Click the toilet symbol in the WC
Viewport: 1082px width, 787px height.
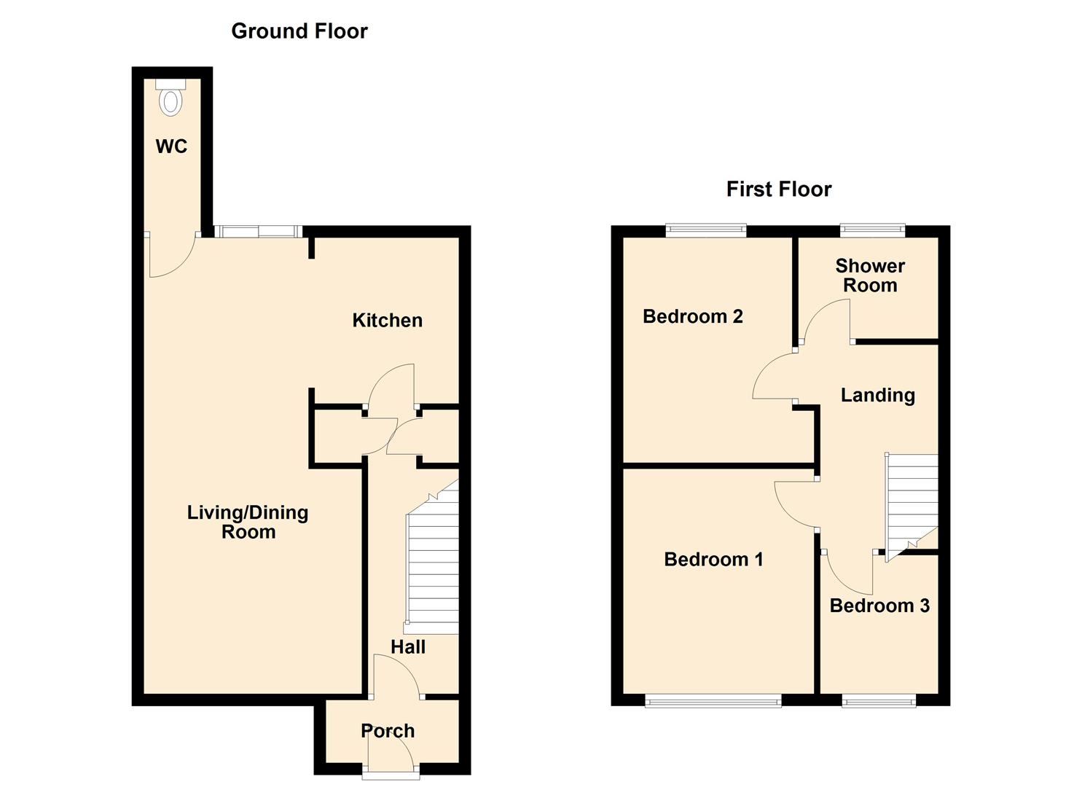click(x=170, y=98)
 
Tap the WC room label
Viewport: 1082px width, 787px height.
click(x=171, y=146)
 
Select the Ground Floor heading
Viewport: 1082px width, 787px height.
click(x=299, y=31)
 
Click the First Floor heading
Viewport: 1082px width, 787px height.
click(x=778, y=189)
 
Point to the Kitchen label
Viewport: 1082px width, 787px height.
click(x=387, y=321)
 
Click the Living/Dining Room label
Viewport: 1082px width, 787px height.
click(x=248, y=522)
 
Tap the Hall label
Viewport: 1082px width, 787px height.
click(x=407, y=646)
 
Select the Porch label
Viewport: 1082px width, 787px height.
click(x=388, y=731)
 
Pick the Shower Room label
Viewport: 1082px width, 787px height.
click(x=870, y=275)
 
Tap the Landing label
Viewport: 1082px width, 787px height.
click(x=877, y=395)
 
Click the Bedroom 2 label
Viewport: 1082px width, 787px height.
click(x=692, y=316)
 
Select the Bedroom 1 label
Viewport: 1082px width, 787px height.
click(x=713, y=560)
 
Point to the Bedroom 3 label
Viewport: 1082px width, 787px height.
click(x=879, y=606)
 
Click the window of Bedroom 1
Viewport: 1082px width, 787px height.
click(x=713, y=701)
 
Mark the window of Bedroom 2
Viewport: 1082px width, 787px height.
click(x=706, y=231)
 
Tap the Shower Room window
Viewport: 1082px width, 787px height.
click(x=872, y=231)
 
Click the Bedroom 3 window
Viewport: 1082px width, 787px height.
click(x=879, y=701)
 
